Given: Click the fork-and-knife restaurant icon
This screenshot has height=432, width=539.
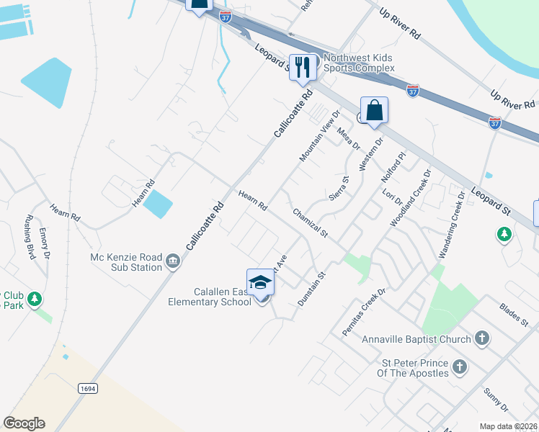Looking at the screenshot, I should [x=303, y=67].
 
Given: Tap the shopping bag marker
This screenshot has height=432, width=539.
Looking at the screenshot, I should [x=374, y=111].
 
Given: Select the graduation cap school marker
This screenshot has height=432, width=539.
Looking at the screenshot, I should [x=260, y=282].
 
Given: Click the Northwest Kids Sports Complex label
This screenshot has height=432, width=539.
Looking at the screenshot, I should [x=360, y=63].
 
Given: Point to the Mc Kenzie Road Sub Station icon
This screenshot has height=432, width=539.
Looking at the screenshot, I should [x=173, y=261].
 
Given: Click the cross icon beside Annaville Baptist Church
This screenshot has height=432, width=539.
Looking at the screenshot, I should [x=482, y=338].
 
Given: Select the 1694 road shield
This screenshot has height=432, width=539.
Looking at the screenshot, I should [x=88, y=388].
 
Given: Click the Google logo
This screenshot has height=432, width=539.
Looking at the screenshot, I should [x=24, y=423].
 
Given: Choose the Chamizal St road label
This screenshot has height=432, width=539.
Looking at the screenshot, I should [x=310, y=223].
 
